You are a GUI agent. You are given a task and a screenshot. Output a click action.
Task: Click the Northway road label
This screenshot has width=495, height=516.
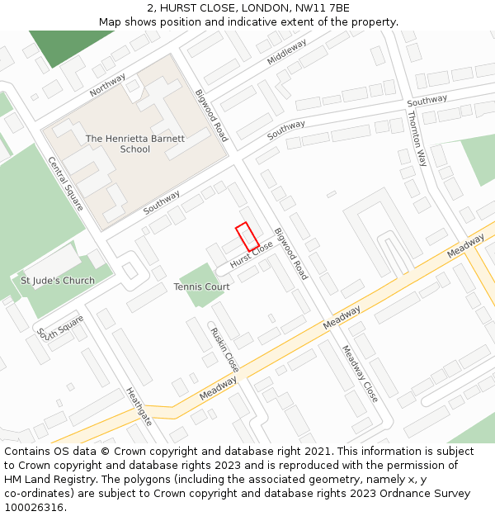(108, 84)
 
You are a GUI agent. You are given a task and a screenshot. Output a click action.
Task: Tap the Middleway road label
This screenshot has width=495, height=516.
(287, 51)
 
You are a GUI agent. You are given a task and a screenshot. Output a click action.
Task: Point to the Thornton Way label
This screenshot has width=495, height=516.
(417, 138)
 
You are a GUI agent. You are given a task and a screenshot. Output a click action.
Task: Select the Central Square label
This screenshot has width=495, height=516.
(65, 183)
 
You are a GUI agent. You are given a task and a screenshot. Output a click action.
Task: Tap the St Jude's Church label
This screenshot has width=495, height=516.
(58, 281)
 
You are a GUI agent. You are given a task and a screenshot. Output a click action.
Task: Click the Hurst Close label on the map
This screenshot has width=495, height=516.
(252, 254)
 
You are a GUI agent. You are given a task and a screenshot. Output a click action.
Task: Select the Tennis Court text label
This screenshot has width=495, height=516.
(201, 286)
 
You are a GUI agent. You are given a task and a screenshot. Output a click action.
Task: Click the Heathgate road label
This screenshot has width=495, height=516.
(139, 406)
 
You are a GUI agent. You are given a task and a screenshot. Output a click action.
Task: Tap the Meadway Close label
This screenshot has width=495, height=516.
(360, 373)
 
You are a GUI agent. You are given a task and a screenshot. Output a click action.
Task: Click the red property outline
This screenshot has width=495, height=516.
(247, 237)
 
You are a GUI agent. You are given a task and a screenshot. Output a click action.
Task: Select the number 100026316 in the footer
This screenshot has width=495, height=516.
(34, 508)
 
